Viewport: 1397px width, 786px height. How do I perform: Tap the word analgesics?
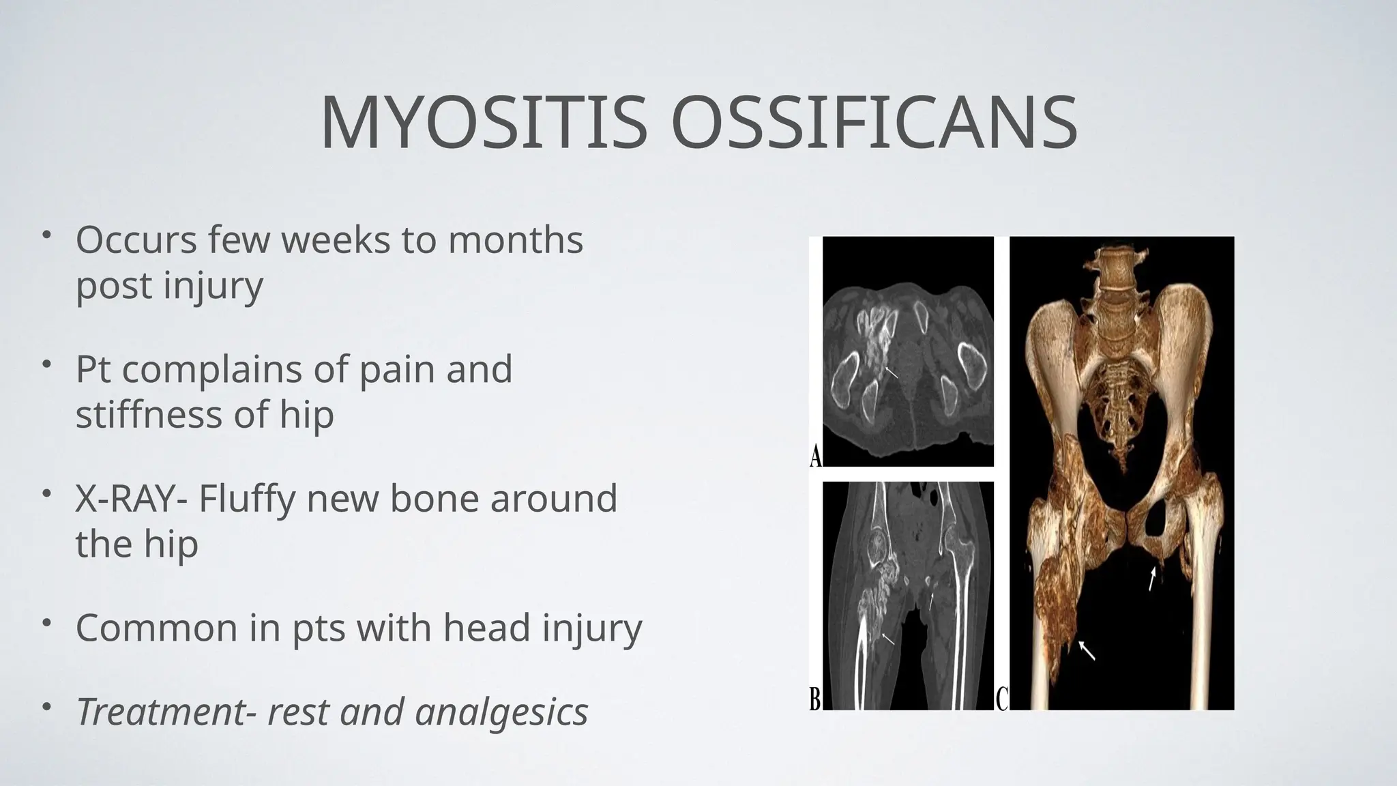click(x=501, y=713)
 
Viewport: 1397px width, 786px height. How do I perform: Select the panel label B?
click(x=815, y=699)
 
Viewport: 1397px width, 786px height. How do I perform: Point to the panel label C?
click(x=1001, y=699)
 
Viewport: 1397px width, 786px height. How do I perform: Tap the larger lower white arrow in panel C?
click(x=1088, y=650)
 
